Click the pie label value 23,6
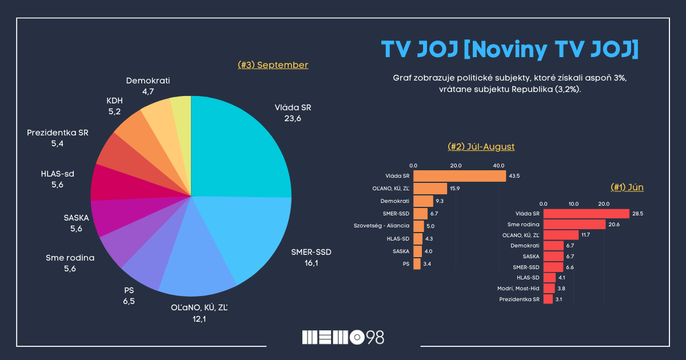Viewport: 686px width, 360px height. click(x=293, y=118)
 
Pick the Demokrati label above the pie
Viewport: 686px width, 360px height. click(x=148, y=81)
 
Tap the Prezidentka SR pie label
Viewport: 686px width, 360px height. click(x=57, y=133)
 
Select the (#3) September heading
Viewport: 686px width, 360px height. click(x=273, y=65)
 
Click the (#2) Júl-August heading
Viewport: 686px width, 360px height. click(x=481, y=147)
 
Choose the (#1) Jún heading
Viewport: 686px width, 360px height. click(x=627, y=187)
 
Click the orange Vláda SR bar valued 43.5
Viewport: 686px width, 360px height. click(x=459, y=176)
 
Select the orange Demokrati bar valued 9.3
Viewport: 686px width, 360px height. click(x=423, y=201)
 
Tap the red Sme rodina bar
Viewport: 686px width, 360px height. click(x=574, y=224)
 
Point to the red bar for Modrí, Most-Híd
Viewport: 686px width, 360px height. click(x=549, y=289)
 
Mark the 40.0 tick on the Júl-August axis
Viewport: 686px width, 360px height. click(x=498, y=165)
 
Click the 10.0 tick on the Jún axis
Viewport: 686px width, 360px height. click(x=573, y=204)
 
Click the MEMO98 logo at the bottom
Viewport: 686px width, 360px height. click(x=343, y=337)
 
